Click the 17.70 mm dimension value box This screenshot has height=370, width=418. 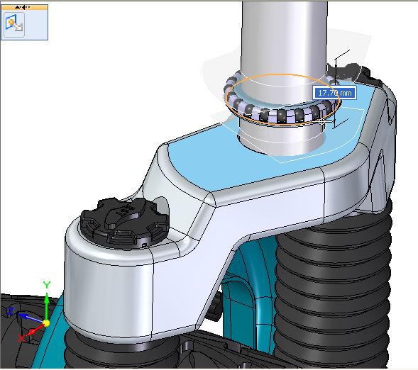point(334,93)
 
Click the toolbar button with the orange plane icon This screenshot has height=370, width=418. point(14,25)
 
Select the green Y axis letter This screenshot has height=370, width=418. point(47,285)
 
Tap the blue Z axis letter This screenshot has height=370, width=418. point(10,311)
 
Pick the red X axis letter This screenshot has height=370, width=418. point(21,338)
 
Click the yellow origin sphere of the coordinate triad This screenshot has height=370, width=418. point(46,323)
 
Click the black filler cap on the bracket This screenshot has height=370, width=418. point(125,222)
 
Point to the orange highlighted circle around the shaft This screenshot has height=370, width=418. point(283,124)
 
